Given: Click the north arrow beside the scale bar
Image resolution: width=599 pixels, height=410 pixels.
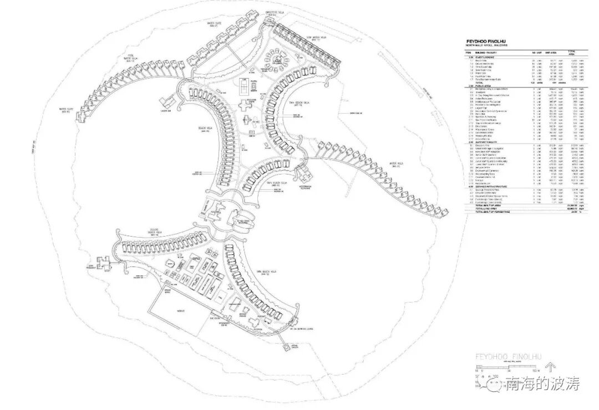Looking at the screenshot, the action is [551, 366].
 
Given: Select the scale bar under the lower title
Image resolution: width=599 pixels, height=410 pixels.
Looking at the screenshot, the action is [502, 367].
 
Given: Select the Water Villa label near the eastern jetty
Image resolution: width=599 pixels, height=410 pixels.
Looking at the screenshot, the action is [397, 163].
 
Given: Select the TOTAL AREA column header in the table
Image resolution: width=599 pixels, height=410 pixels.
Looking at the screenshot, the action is [566, 52].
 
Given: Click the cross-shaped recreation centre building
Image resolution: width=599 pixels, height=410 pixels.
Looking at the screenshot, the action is [245, 105].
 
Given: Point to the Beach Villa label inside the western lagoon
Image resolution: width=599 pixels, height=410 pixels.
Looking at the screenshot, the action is [204, 129].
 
